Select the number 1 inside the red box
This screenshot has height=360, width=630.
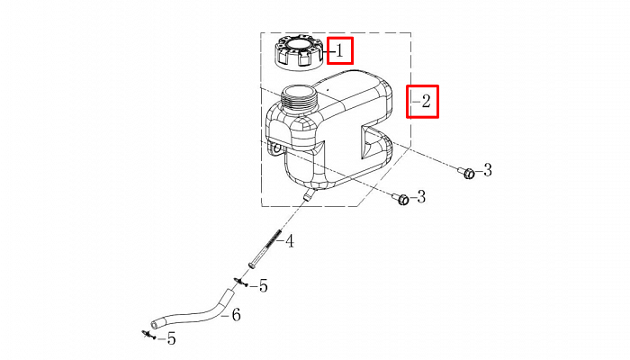point(340,51)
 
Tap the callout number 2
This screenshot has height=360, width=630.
point(426,101)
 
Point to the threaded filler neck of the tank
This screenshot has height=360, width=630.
point(300,99)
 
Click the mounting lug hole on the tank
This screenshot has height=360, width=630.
point(276,149)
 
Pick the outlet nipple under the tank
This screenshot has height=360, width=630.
point(309,195)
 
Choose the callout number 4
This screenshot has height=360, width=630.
point(289,241)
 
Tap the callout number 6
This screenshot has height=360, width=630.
point(236,315)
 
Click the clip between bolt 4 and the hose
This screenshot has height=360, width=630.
point(240,282)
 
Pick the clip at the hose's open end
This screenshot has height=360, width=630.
point(148,334)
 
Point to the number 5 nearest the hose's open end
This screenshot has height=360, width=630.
point(172,339)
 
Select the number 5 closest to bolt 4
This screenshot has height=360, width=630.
point(263,286)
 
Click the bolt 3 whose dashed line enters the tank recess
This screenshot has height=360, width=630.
point(467,173)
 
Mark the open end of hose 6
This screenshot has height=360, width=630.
point(155,323)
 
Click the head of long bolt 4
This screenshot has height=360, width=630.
point(252,265)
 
